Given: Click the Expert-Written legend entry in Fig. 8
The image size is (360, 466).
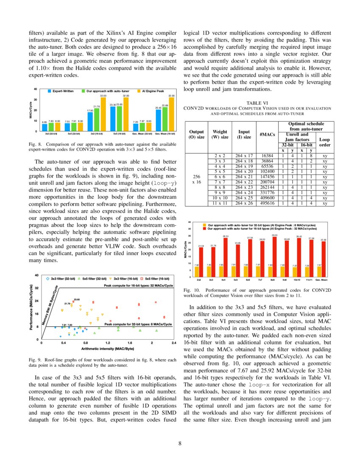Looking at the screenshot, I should [x=62, y=91].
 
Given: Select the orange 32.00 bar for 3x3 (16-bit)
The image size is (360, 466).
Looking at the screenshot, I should [x=103, y=114].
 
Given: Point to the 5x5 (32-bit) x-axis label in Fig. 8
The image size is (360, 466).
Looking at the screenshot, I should [x=75, y=134].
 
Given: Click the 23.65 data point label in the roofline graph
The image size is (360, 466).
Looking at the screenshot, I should [x=77, y=300].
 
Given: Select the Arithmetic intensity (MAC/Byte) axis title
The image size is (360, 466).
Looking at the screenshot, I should [x=108, y=349].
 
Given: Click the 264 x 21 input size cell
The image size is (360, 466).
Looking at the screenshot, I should [x=244, y=176].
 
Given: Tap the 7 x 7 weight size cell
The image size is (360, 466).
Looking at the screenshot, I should [x=220, y=181].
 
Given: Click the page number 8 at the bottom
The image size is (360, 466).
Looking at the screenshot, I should [x=180, y=444].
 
